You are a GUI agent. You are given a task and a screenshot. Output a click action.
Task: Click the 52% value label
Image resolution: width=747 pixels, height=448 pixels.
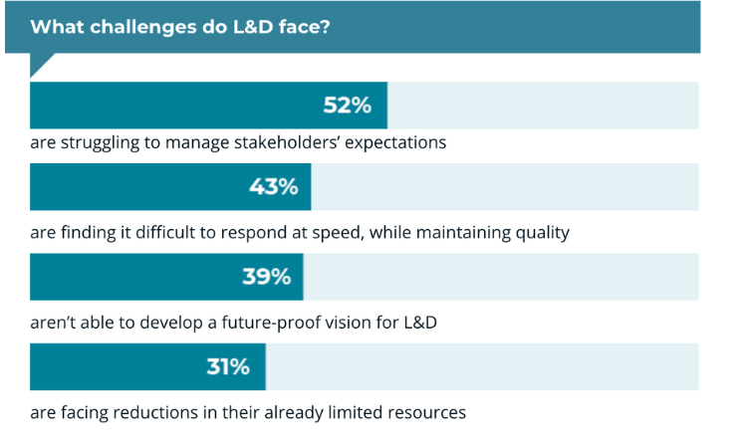tap(348, 106)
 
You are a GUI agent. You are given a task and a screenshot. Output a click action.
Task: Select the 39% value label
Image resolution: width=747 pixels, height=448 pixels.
tap(266, 277)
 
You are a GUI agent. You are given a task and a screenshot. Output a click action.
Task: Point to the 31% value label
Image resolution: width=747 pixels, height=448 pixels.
tap(228, 366)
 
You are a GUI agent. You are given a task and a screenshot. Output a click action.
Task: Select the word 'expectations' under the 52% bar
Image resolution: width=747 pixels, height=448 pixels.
tap(394, 142)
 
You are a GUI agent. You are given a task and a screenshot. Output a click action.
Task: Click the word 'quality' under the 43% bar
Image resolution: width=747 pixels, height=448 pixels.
tap(539, 233)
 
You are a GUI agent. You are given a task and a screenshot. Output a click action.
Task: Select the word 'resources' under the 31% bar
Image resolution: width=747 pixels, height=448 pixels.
tap(426, 412)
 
